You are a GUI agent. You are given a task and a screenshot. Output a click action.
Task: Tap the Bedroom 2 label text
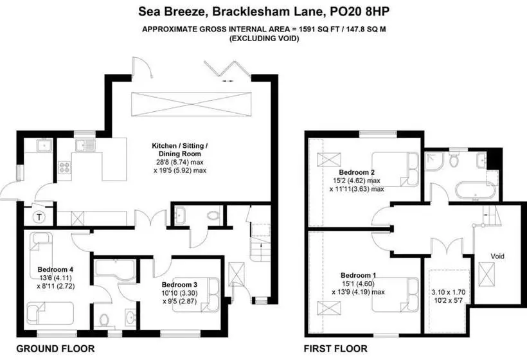pyautogui.click(x=357, y=173)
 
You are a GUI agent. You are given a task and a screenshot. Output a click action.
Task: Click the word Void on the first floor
pyautogui.click(x=497, y=255)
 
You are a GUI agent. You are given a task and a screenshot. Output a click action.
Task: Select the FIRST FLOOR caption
pyautogui.click(x=335, y=349)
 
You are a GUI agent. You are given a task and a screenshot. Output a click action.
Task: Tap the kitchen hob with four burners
pyautogui.click(x=65, y=167)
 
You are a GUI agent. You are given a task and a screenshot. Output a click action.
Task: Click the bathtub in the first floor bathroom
pyautogui.click(x=472, y=191)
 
